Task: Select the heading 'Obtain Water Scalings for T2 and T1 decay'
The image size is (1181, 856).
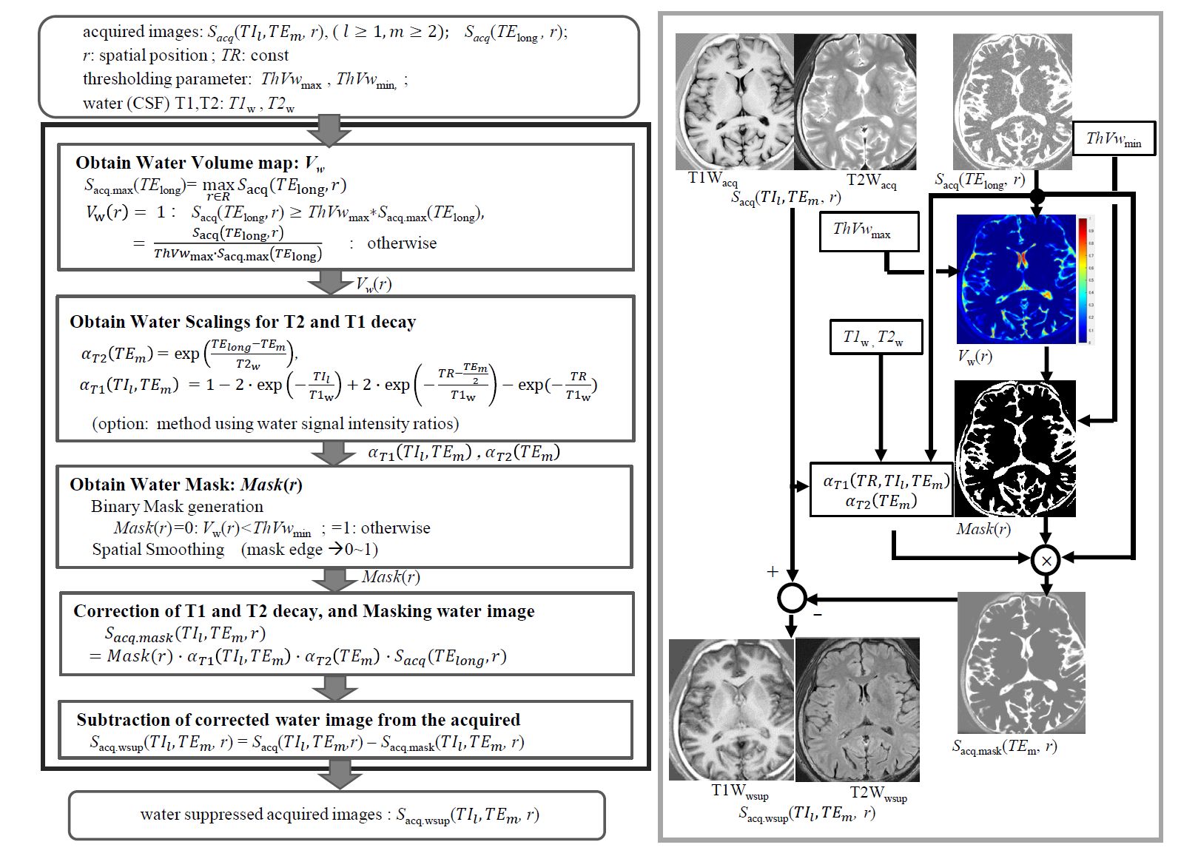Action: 243,322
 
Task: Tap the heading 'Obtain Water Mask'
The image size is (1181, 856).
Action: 186,485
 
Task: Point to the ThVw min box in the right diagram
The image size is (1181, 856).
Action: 1114,138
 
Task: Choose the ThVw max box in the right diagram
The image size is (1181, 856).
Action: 869,231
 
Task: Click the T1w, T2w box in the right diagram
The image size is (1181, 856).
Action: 875,337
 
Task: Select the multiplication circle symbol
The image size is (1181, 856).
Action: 1046,560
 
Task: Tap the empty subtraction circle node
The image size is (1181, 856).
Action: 792,597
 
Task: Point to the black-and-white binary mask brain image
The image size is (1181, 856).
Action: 1015,448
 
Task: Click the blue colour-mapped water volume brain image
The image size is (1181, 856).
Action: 1015,280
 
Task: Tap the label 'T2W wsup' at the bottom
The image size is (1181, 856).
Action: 878,793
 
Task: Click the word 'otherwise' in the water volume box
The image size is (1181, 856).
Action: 402,243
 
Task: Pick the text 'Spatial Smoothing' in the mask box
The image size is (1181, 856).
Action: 158,550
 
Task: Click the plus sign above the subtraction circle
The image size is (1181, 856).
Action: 773,571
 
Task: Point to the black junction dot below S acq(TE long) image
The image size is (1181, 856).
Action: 1037,197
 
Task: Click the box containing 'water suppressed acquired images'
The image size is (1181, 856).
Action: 337,815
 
